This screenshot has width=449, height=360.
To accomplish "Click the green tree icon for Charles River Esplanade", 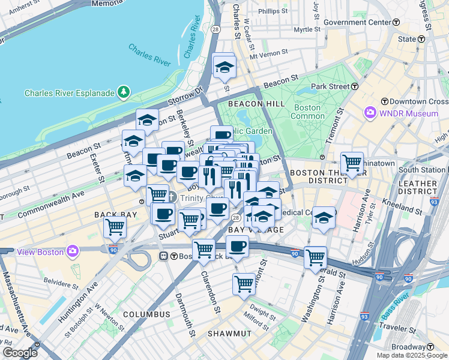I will pyautogui.click(x=124, y=92).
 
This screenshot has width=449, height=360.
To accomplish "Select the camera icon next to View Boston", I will pyautogui.click(x=73, y=251).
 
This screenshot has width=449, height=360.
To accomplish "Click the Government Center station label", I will pyautogui.click(x=357, y=22).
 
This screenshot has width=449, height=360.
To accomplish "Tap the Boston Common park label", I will pyautogui.click(x=307, y=112).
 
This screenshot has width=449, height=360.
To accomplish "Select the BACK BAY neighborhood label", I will pyautogui.click(x=112, y=214).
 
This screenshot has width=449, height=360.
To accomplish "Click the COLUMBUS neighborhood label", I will pyautogui.click(x=146, y=314).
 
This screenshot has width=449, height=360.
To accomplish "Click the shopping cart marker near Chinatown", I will pyautogui.click(x=352, y=161).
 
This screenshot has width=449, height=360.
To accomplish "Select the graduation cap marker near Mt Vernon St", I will pyautogui.click(x=224, y=65).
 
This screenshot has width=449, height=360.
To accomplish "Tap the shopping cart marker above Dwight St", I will pyautogui.click(x=244, y=283).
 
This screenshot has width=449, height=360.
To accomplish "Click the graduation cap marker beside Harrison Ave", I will pyautogui.click(x=324, y=217).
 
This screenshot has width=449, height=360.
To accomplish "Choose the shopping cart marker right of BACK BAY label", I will pyautogui.click(x=115, y=227).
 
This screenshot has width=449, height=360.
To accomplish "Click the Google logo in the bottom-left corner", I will pyautogui.click(x=20, y=352).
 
